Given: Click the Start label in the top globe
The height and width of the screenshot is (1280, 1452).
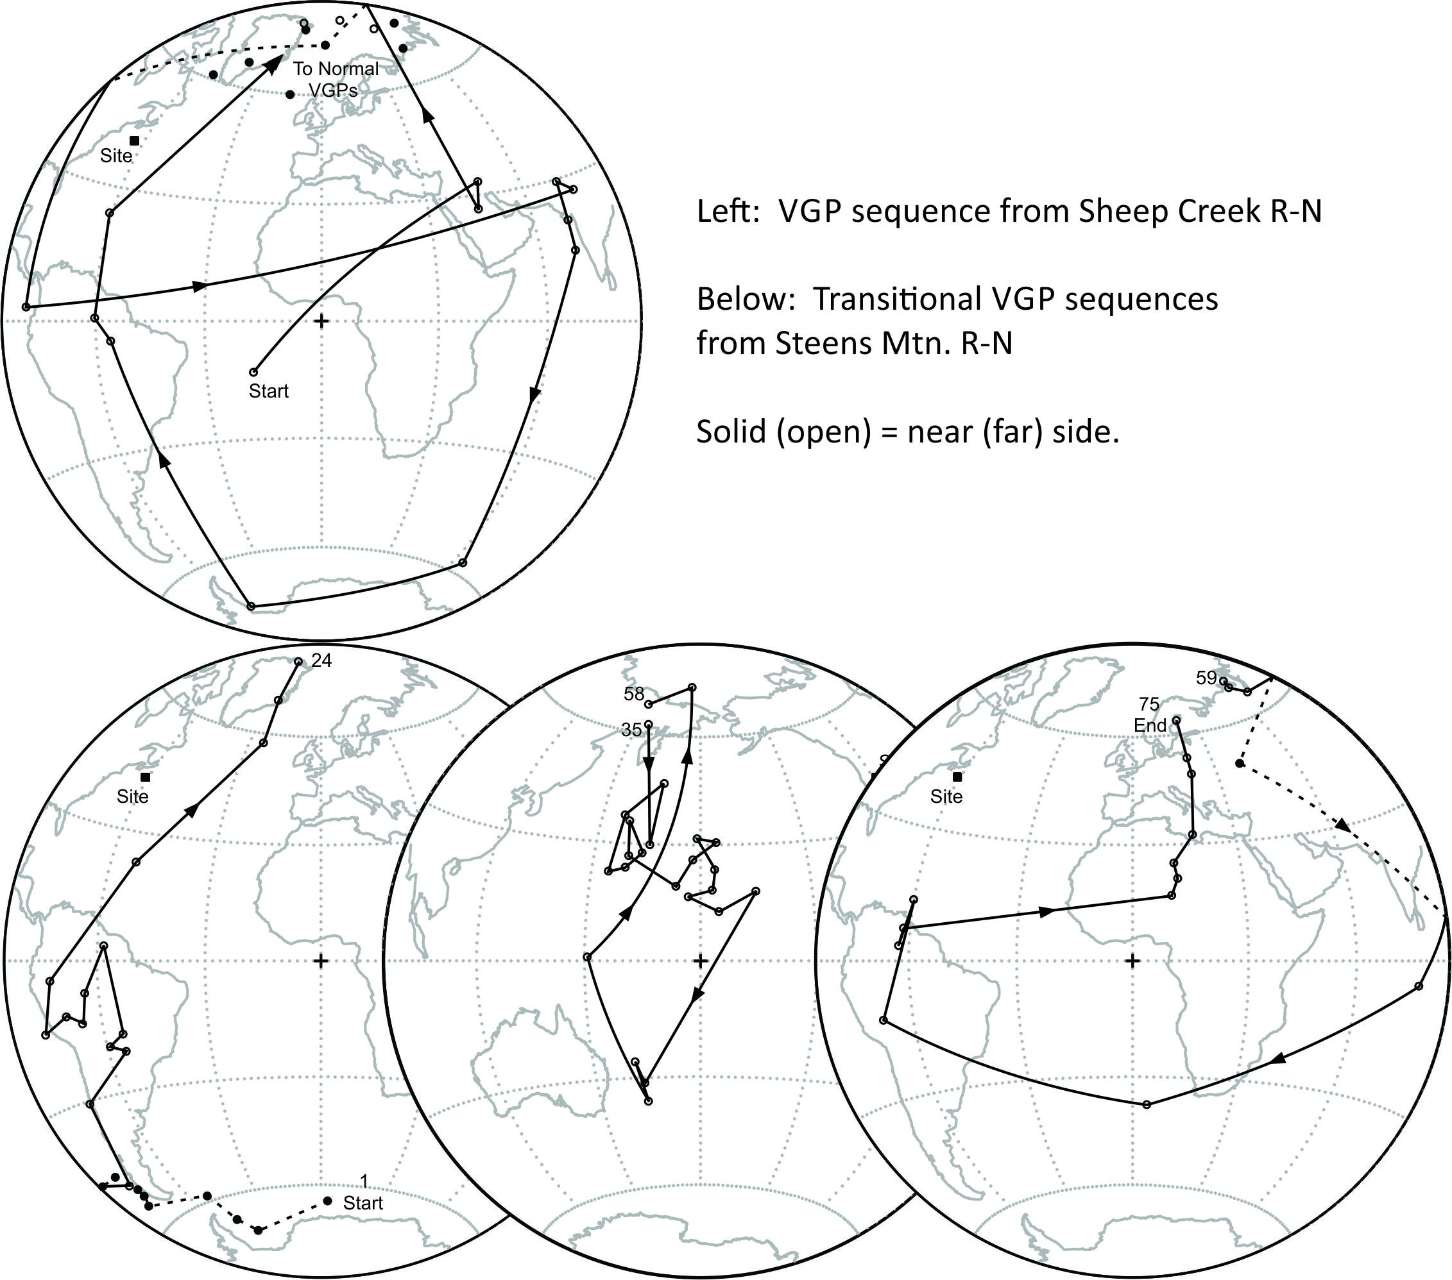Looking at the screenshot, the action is click(268, 391).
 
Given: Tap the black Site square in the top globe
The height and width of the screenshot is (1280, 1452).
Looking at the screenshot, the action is click(134, 140).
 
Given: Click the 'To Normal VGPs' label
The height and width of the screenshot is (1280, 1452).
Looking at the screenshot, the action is click(336, 80).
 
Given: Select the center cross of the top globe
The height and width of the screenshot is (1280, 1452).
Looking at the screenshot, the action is click(322, 321).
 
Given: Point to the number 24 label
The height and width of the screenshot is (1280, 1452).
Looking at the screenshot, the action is click(322, 661).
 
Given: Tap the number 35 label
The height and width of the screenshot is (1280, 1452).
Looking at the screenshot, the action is click(631, 730).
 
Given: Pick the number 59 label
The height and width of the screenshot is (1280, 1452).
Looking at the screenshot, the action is click(1206, 678).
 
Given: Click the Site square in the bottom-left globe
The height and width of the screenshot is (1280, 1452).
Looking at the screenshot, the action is click(145, 777).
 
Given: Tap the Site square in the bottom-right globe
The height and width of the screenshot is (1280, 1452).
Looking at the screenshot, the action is click(957, 777).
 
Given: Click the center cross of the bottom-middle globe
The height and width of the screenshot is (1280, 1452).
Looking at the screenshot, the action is click(701, 961).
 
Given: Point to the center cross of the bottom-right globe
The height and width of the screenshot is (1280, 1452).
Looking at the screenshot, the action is click(1133, 961).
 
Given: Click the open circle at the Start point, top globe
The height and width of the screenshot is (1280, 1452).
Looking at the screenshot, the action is click(253, 372).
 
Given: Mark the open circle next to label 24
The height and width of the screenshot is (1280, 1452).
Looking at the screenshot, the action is click(298, 662).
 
